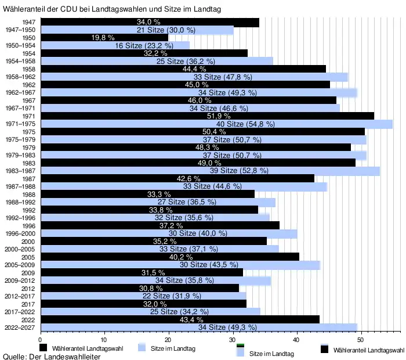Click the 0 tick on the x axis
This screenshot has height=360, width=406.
(40, 339)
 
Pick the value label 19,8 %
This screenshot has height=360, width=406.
(104, 37)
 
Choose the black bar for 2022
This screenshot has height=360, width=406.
(180, 319)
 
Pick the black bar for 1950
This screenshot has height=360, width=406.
(75, 37)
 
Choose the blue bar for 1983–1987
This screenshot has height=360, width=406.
(209, 171)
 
